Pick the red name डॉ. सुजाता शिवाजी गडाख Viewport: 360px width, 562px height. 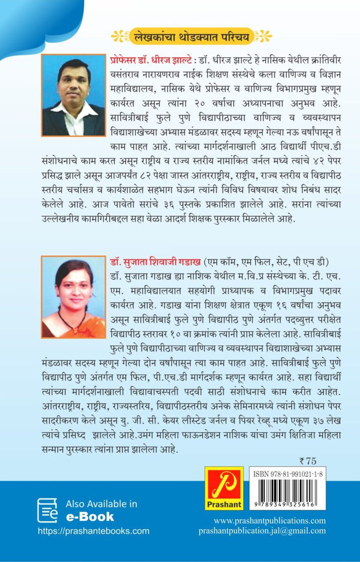pyautogui.click(x=154, y=260)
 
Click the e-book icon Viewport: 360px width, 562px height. pyautogui.click(x=47, y=510)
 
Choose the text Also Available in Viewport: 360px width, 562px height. pyautogui.click(x=102, y=504)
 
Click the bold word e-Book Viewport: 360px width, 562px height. pyautogui.click(x=90, y=516)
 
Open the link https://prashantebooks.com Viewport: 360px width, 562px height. pyautogui.click(x=93, y=531)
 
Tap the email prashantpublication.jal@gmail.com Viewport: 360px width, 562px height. pyautogui.click(x=262, y=531)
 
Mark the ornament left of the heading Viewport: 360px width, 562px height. pyautogui.click(x=119, y=37)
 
